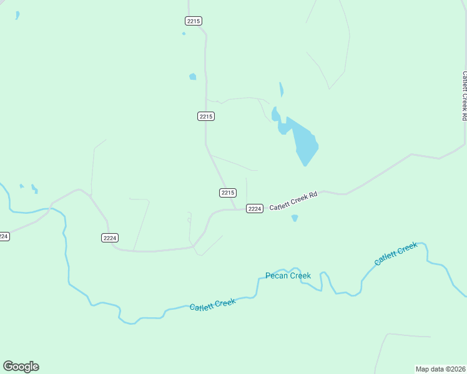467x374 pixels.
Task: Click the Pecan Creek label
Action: point(288,276)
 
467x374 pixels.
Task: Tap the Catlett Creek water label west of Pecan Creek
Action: point(213,305)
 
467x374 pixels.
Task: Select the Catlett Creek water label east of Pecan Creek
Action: point(396,254)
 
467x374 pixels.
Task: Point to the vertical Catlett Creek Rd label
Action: point(464,95)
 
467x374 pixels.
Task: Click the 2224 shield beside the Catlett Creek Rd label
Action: point(254,208)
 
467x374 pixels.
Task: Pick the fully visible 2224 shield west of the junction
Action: point(110,237)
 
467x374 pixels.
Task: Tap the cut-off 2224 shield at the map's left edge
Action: point(4,236)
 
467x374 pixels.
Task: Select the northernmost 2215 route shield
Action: point(194,21)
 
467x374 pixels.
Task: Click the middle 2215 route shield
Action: point(206,116)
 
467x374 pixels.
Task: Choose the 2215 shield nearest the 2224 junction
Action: point(228,193)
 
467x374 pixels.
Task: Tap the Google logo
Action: point(21,367)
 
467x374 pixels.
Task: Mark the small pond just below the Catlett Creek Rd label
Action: point(295,218)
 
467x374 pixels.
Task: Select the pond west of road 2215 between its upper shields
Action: point(192,77)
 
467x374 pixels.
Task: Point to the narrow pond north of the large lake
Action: point(281,89)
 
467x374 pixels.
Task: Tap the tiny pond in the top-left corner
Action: point(17,15)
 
